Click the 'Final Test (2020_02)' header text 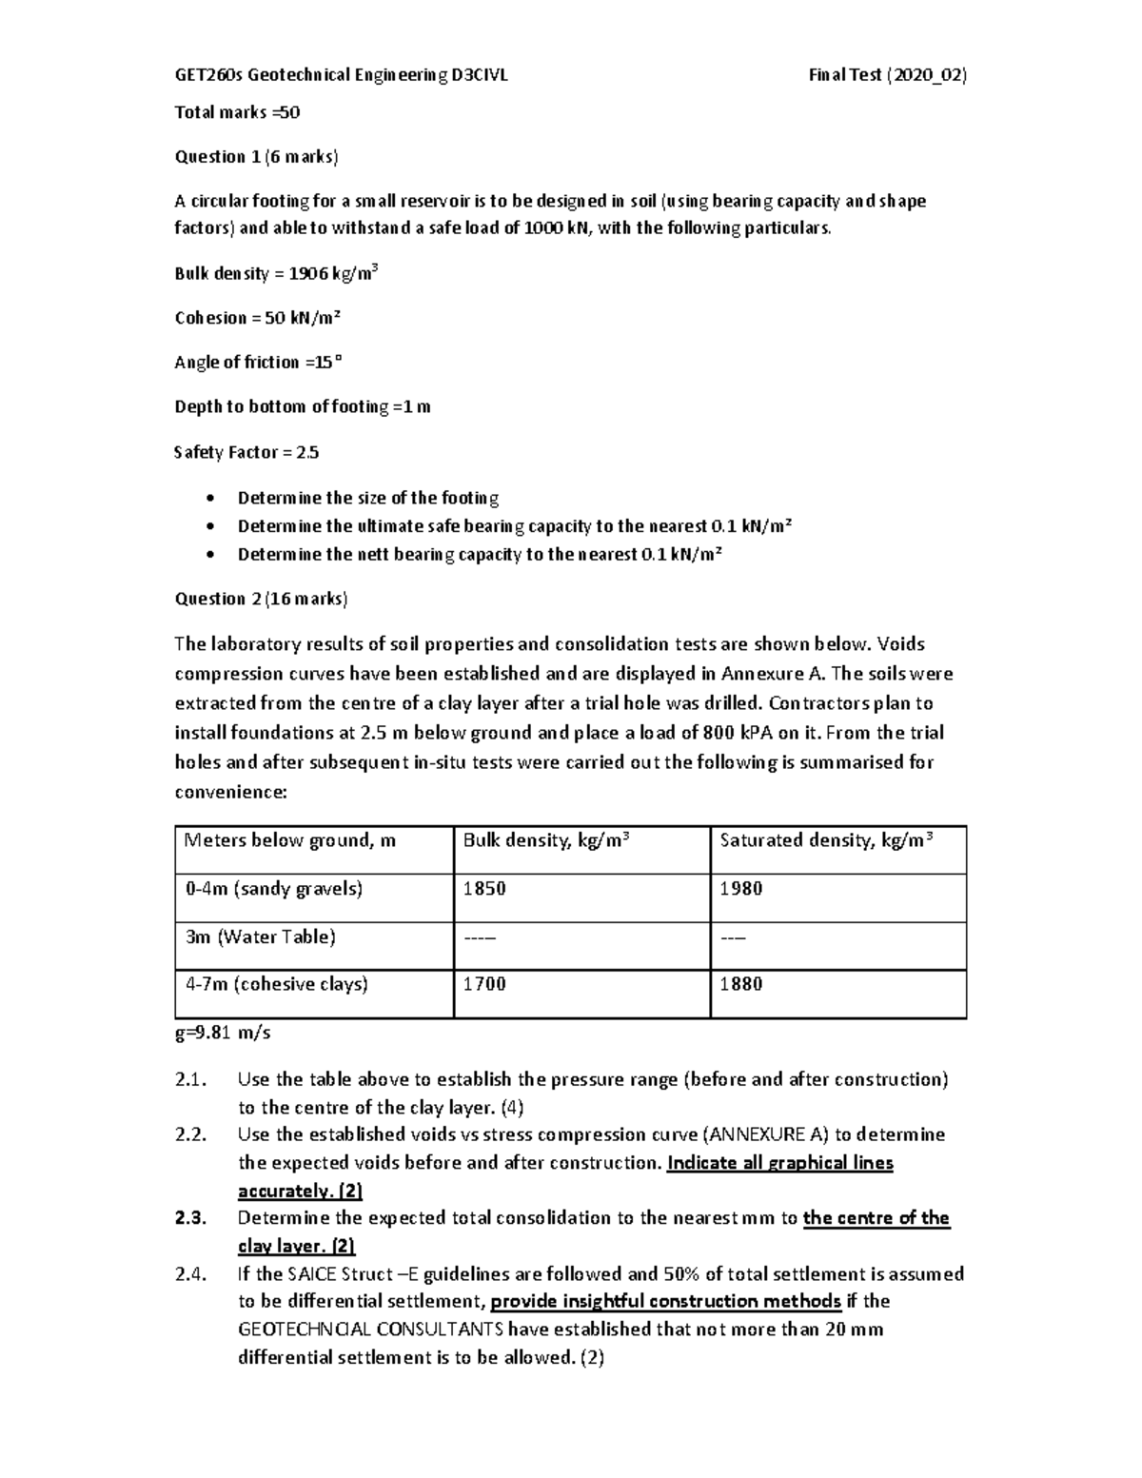887,76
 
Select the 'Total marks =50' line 237,112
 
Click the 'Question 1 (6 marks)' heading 256,157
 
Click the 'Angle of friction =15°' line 257,363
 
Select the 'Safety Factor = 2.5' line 246,453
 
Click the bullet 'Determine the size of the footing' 367,498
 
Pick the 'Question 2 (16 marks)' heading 261,599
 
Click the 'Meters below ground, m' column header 290,840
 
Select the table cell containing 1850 484,889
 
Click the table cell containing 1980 741,889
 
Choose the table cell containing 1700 484,984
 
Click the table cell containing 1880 741,984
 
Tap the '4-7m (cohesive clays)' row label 276,984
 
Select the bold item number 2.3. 190,1218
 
